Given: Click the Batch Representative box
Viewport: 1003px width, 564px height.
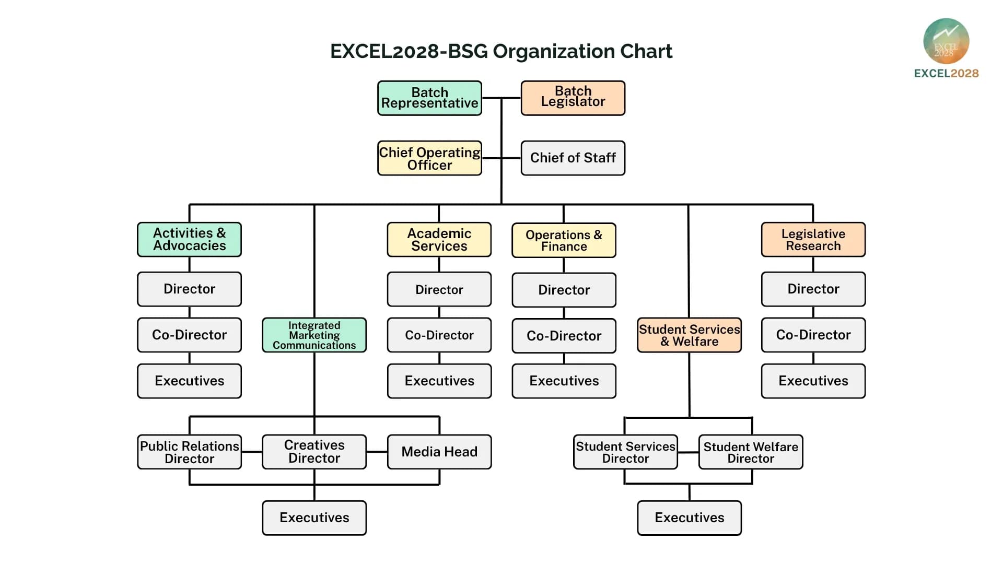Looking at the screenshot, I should [429, 98].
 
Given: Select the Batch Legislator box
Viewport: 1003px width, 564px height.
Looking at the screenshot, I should [573, 98].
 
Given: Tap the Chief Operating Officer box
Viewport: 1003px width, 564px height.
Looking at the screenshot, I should [429, 158].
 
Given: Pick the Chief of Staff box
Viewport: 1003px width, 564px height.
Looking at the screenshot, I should [573, 158].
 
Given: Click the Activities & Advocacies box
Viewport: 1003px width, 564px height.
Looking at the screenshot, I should [189, 240].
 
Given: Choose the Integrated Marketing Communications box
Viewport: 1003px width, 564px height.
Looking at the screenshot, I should [314, 335].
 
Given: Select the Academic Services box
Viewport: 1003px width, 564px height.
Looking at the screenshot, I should [439, 240].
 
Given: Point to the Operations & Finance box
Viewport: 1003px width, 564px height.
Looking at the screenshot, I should [564, 240].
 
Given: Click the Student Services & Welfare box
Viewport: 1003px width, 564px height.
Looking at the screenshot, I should [689, 335].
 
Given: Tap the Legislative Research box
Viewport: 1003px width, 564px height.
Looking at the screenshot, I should [813, 240].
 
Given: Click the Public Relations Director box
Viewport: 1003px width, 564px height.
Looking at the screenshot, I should [189, 452].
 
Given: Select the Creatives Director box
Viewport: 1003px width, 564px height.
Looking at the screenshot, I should [314, 452].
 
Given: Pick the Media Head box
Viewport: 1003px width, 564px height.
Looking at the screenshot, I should [439, 452].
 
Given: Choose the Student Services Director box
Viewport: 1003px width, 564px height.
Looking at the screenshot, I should [625, 452].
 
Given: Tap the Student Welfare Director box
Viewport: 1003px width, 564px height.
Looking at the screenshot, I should [751, 452].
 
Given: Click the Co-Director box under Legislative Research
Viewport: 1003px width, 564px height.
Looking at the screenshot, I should [813, 335].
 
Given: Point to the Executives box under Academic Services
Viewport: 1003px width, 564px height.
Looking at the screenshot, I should [439, 381].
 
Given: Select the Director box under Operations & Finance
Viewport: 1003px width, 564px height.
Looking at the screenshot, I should [564, 290].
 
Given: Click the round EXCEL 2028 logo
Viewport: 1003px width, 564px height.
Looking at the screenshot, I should [946, 41].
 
